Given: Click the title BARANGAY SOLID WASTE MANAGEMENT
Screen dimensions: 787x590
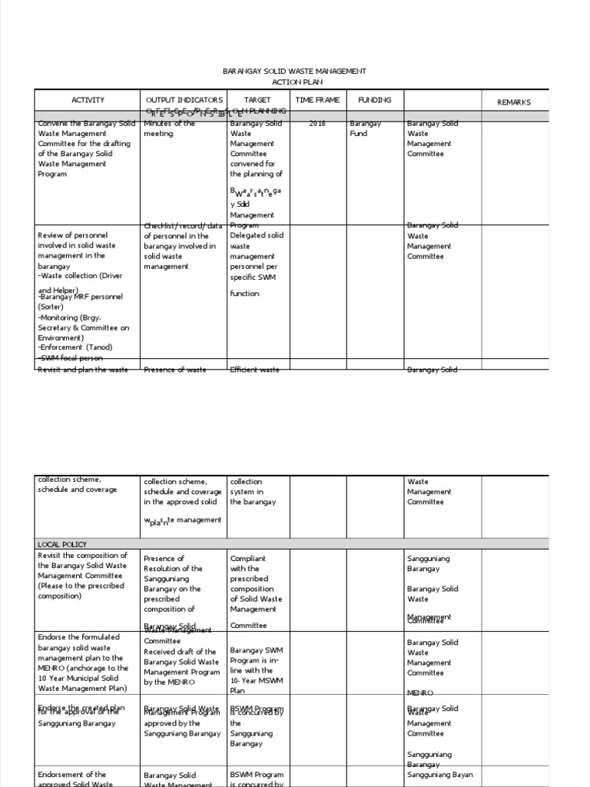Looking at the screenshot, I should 294,71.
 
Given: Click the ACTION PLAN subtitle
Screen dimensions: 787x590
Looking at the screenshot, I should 294,81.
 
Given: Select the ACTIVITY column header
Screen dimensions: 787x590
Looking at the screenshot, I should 88,100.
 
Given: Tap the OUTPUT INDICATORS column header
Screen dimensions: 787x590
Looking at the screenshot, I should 184,100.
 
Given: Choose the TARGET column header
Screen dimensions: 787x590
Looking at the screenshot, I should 257,100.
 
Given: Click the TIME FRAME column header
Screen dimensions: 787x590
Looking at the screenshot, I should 317,100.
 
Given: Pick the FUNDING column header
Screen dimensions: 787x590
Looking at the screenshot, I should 374,100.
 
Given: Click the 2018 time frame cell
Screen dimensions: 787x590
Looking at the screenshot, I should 317,123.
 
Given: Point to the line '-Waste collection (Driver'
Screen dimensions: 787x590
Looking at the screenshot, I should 79,275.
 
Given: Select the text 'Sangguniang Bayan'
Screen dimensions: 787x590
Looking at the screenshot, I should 439,775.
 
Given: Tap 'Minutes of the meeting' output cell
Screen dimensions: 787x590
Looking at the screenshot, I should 169,128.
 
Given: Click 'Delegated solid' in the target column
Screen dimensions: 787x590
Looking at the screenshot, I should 257,235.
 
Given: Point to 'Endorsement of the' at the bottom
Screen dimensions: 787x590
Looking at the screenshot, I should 71,775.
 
